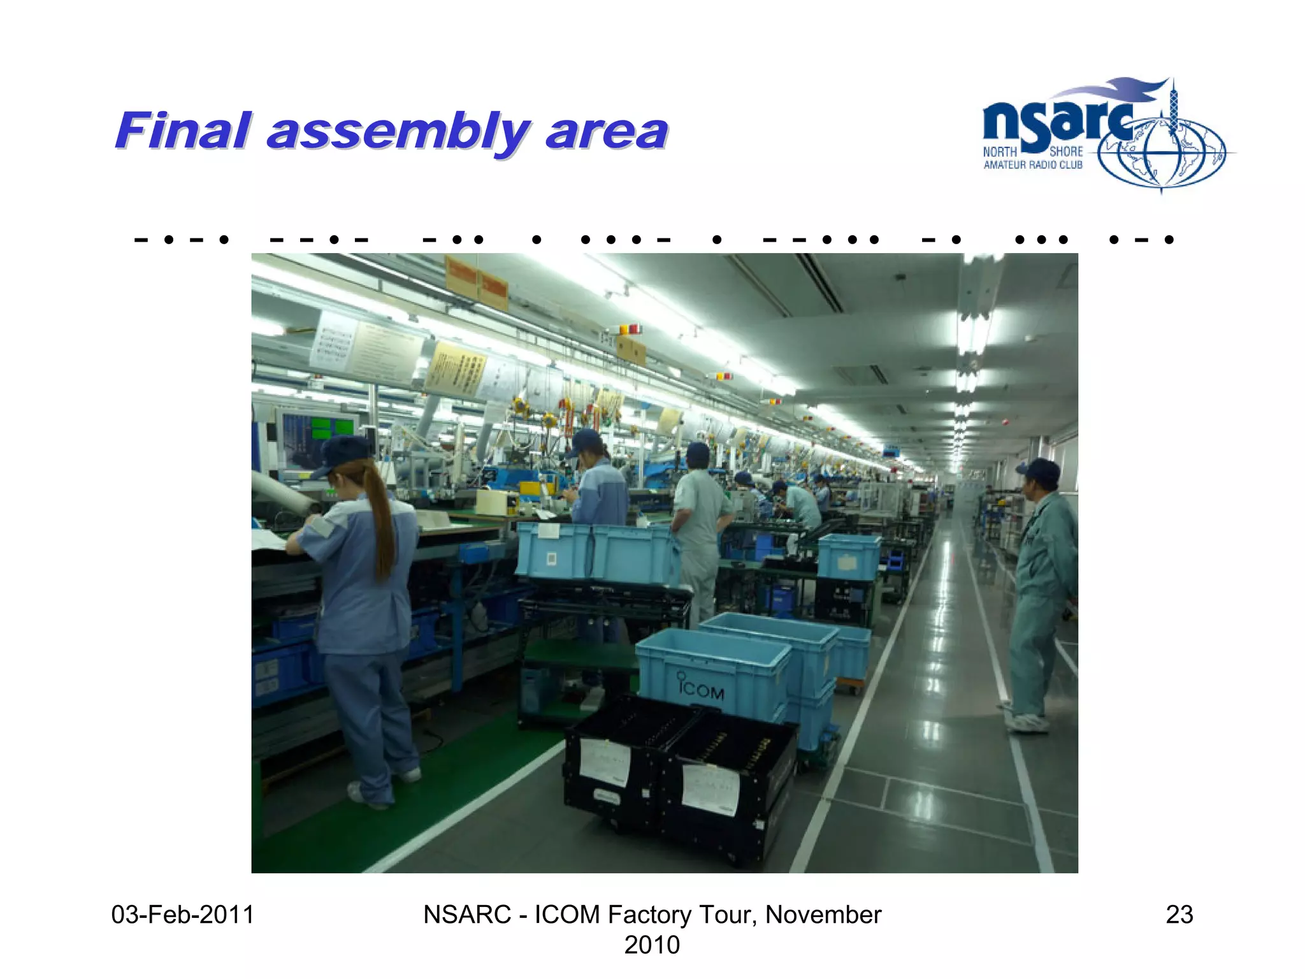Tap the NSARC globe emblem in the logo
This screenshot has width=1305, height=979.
(x=1161, y=153)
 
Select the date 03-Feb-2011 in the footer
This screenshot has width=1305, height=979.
(x=182, y=915)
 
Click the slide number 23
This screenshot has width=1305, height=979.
(x=1179, y=915)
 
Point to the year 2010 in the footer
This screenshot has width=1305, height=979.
(x=651, y=945)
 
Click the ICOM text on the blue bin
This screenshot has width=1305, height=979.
(x=701, y=689)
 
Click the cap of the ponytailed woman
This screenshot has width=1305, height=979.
(x=344, y=453)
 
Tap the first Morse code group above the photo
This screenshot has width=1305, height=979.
(x=182, y=240)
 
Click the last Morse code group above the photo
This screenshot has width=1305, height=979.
(x=1141, y=240)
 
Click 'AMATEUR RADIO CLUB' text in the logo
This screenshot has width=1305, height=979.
(x=1032, y=165)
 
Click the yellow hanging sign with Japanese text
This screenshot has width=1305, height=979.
(x=456, y=368)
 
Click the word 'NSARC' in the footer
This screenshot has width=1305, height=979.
(x=466, y=915)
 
